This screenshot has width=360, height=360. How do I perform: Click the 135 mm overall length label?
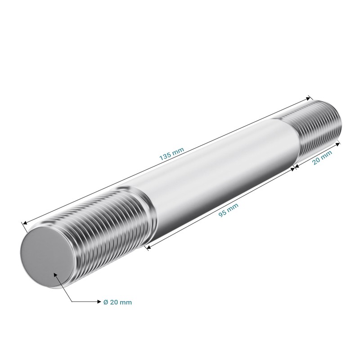point(171,154)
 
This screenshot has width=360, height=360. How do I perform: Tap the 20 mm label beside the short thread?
point(322,158)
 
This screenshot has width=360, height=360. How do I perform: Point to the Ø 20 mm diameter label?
point(117,302)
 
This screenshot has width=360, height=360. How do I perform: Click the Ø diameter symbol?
point(105,302)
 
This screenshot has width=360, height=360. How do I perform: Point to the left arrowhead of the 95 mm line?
point(146,247)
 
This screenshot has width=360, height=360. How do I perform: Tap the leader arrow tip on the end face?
point(54,273)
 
